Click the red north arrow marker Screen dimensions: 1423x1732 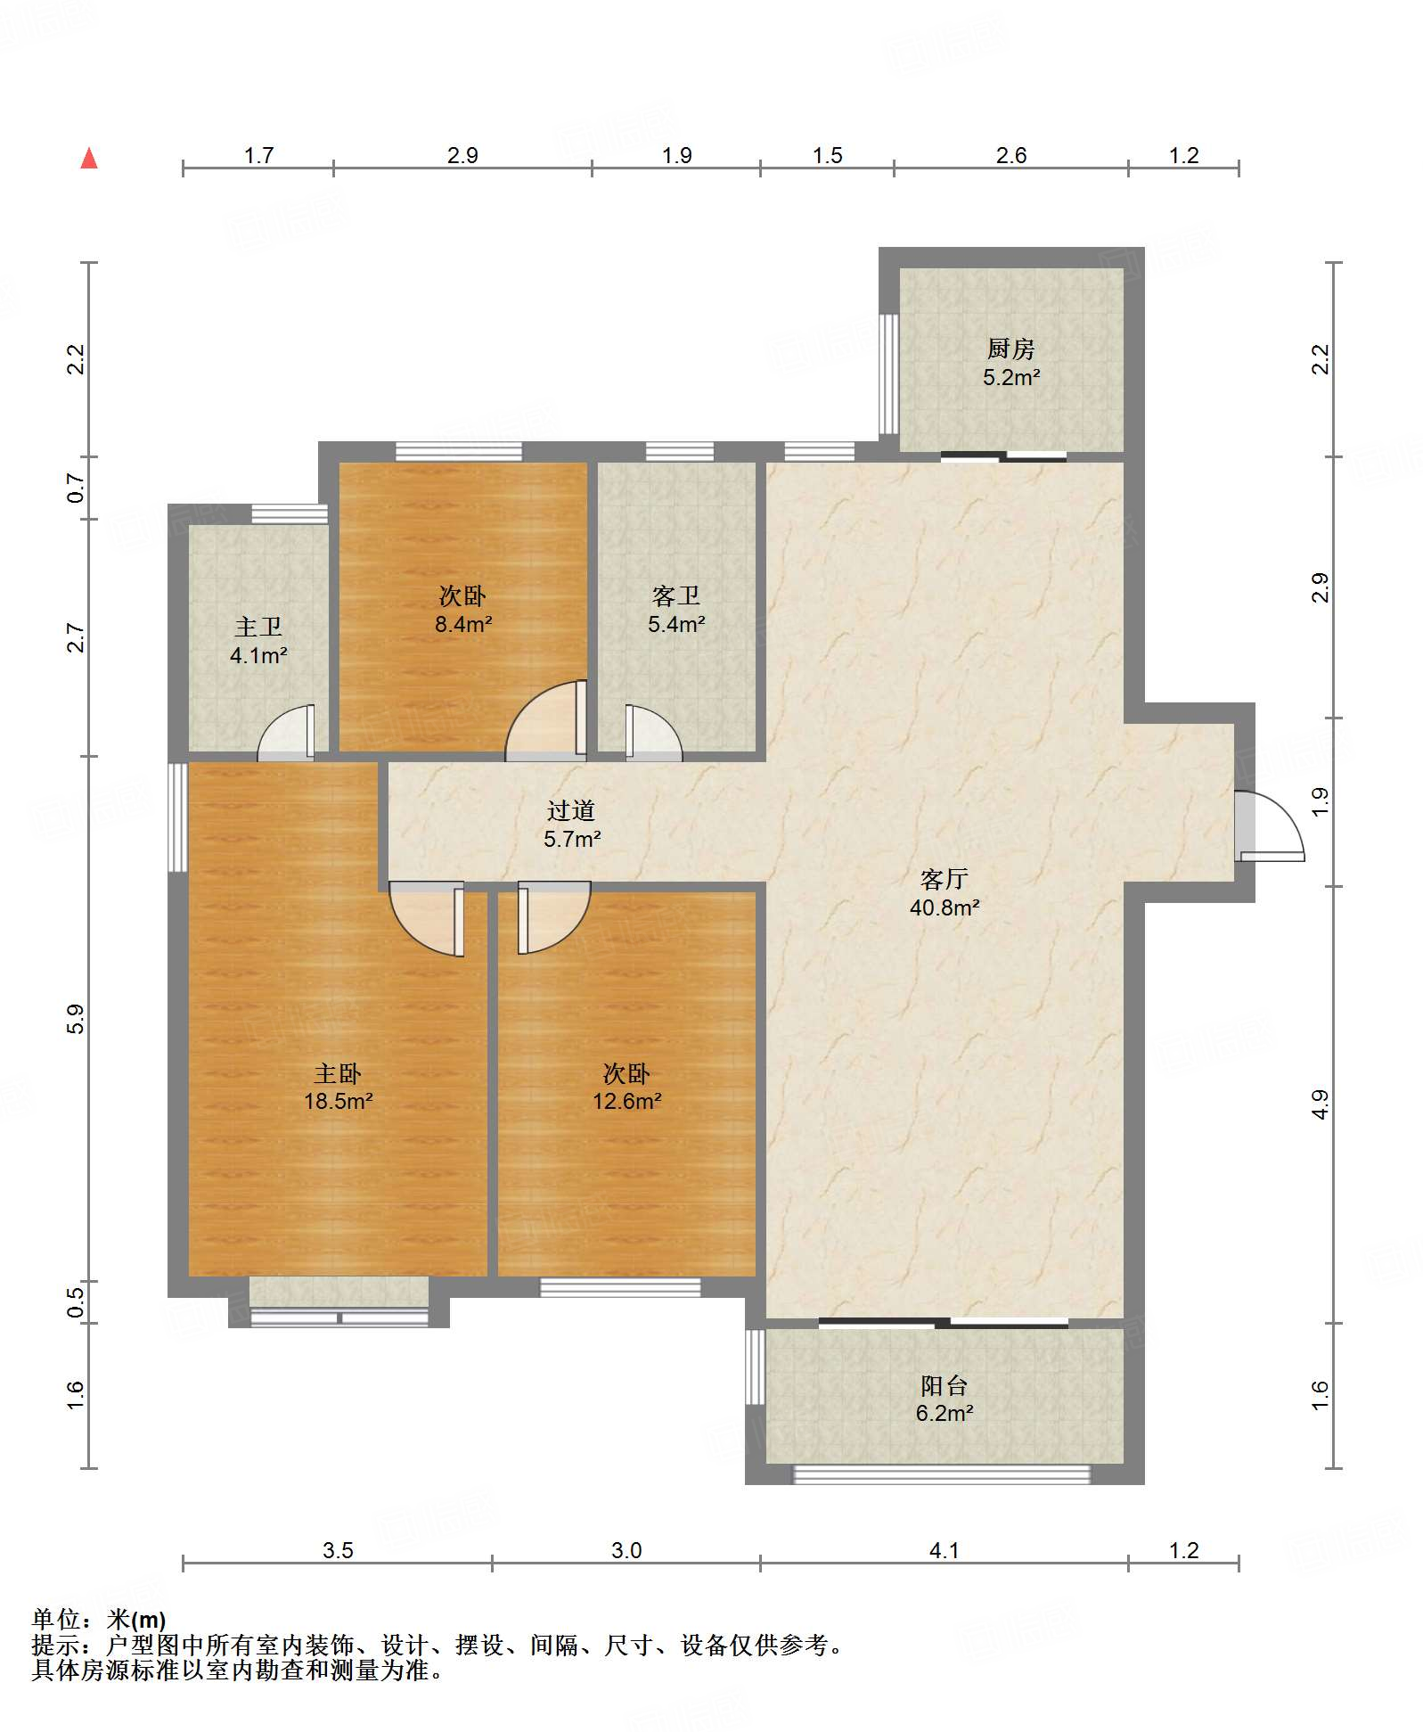[89, 159]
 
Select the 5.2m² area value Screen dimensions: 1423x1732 [1011, 377]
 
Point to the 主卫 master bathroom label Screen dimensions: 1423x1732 [258, 627]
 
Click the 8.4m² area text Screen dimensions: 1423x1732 [463, 624]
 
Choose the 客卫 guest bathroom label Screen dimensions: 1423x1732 [675, 595]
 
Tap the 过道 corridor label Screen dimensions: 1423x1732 [571, 810]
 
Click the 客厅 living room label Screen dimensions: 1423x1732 [945, 880]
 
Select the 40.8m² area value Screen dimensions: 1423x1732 [945, 908]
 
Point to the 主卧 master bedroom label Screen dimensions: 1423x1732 [338, 1073]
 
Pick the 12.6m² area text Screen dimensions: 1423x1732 [627, 1102]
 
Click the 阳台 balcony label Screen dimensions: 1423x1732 [945, 1385]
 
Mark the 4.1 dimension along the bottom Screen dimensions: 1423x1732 [945, 1550]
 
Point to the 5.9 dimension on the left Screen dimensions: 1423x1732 [76, 1018]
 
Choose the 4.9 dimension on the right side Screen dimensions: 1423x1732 [1321, 1104]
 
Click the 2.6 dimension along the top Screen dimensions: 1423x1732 [1011, 155]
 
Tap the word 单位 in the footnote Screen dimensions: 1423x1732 [56, 1619]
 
